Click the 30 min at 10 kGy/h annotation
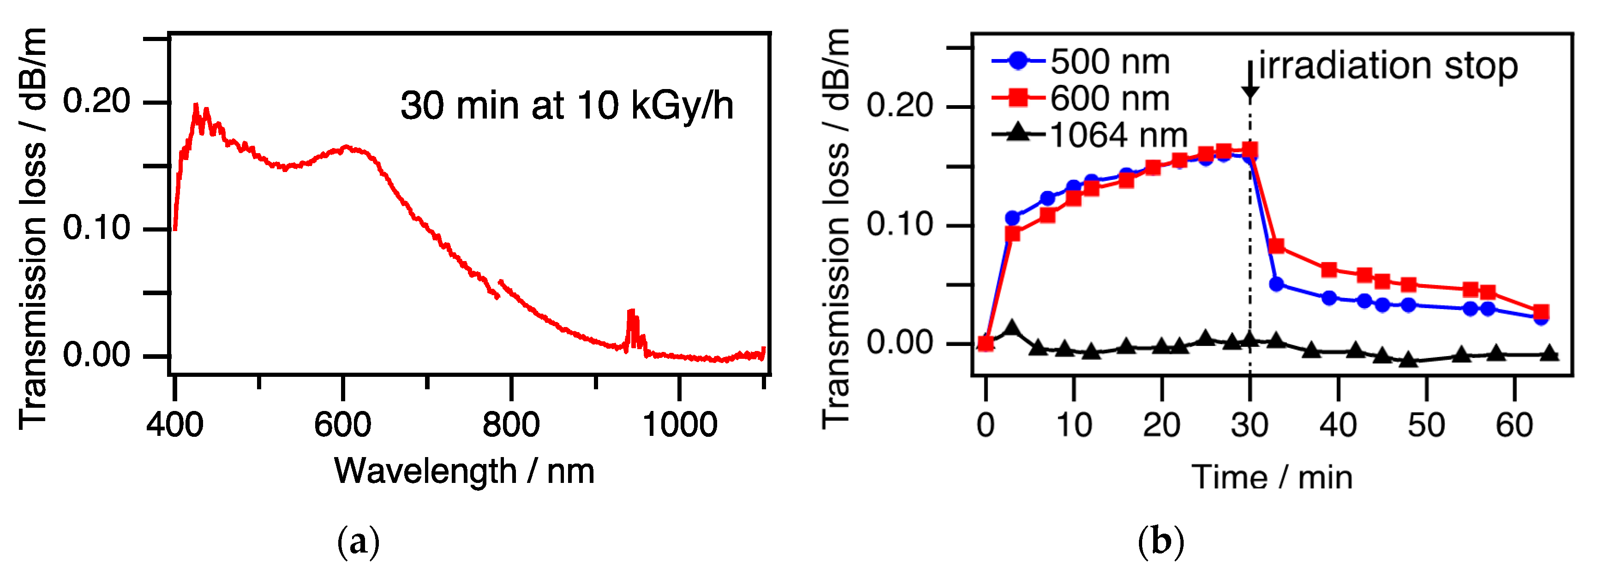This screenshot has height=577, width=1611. point(567,106)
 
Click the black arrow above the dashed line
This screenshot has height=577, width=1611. point(1250,81)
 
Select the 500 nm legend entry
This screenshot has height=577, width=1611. point(1081,61)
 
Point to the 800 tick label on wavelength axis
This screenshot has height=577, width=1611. point(510,425)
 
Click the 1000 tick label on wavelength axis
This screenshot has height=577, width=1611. point(680,425)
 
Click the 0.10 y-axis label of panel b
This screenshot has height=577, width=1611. point(900,224)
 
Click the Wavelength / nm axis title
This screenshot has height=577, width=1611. point(464,471)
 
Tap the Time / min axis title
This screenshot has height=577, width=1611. point(1272,477)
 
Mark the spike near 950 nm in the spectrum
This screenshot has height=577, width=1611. point(632,325)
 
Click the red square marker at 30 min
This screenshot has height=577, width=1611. point(1250,149)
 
